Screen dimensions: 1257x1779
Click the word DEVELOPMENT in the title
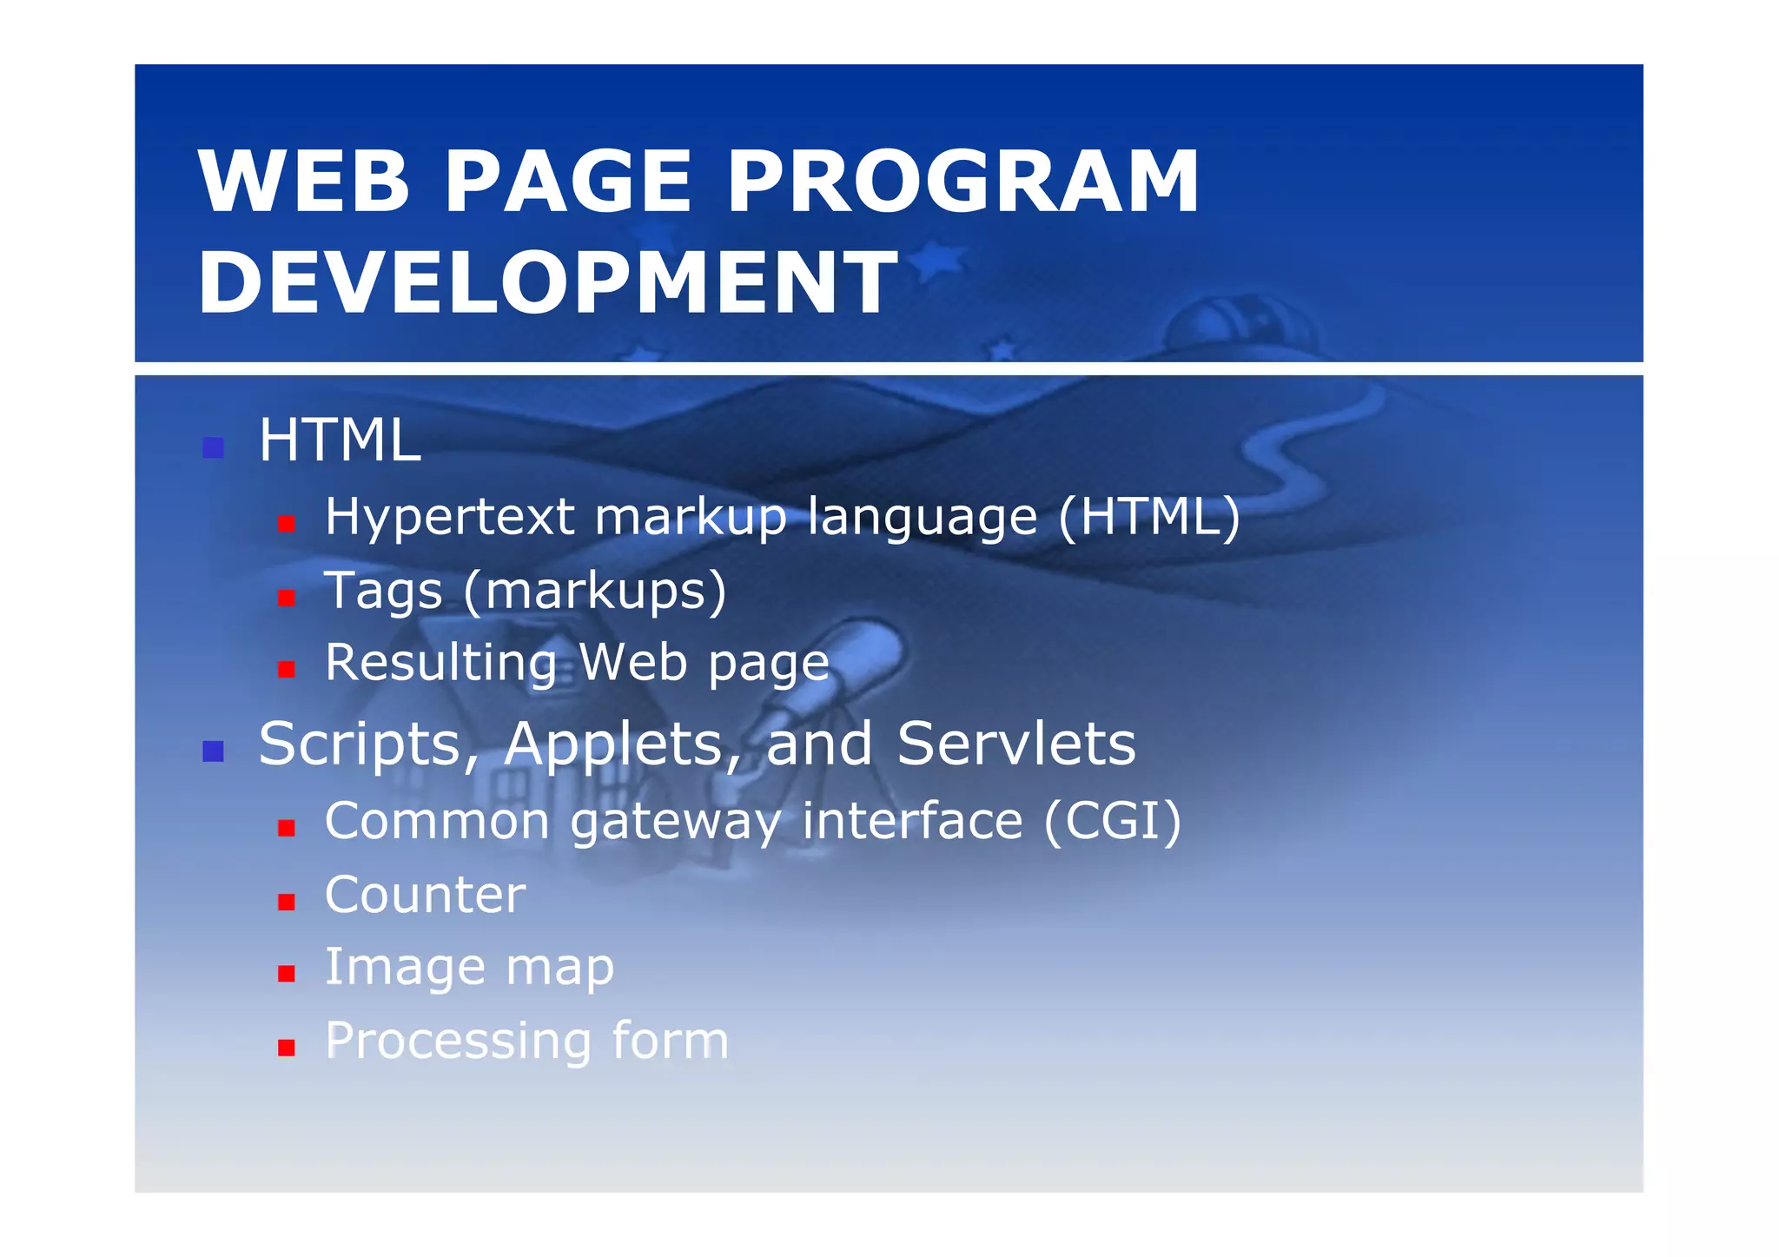click(547, 282)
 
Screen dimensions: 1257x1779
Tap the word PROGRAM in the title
click(962, 182)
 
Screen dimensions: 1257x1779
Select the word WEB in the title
click(304, 182)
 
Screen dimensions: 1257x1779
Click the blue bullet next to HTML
click(213, 448)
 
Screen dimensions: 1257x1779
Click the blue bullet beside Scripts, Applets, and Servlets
click(213, 751)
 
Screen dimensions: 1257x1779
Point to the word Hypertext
click(449, 517)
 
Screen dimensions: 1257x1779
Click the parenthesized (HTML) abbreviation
click(1149, 517)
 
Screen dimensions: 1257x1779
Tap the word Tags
click(383, 592)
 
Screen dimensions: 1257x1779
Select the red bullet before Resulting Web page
click(287, 669)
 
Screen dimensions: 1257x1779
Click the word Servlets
click(1015, 744)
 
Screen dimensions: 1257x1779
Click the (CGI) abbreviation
click(1112, 821)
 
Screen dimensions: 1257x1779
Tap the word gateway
click(675, 824)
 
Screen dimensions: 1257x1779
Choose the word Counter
click(425, 895)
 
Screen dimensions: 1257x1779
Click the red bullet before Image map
click(287, 974)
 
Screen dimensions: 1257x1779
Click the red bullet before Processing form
click(287, 1048)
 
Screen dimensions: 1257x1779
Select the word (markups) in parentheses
click(595, 592)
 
